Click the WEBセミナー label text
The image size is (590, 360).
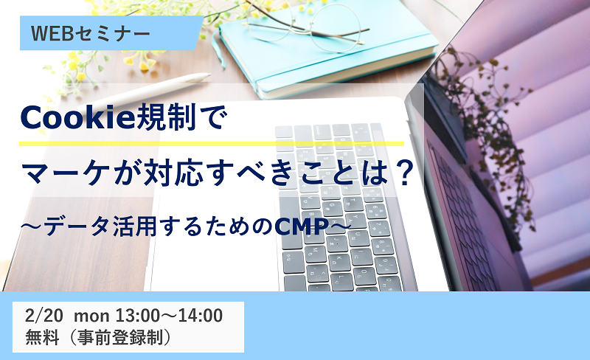tap(91, 33)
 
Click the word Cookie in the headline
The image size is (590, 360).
tap(77, 117)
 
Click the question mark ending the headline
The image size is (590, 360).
tap(405, 173)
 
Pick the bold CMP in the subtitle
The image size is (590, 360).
tap(302, 226)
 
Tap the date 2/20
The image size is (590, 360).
tap(44, 316)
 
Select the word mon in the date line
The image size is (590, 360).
tap(91, 316)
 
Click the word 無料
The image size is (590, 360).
tap(42, 337)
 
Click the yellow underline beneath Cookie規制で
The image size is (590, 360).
tap(212, 143)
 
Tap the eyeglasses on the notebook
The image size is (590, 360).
tap(308, 24)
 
